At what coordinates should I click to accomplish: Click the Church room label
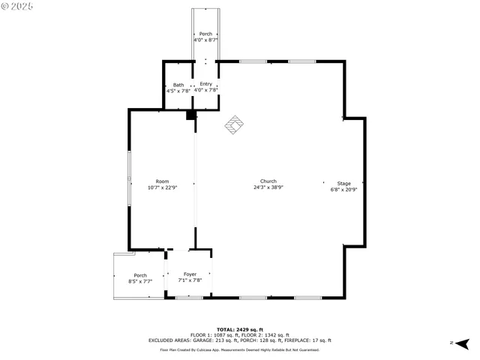(268, 181)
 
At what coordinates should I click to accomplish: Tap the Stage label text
(343, 183)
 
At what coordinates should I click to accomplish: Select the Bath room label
(178, 85)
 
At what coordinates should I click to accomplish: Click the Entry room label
(205, 84)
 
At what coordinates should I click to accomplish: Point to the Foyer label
(190, 274)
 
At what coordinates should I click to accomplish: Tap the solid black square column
(190, 115)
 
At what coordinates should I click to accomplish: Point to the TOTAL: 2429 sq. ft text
(240, 329)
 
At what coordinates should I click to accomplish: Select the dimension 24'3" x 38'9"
(268, 187)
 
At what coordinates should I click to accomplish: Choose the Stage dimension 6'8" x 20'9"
(343, 189)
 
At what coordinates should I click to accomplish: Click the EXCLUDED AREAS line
(240, 340)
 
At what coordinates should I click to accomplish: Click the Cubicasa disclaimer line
(240, 349)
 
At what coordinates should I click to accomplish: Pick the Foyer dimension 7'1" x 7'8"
(190, 280)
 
